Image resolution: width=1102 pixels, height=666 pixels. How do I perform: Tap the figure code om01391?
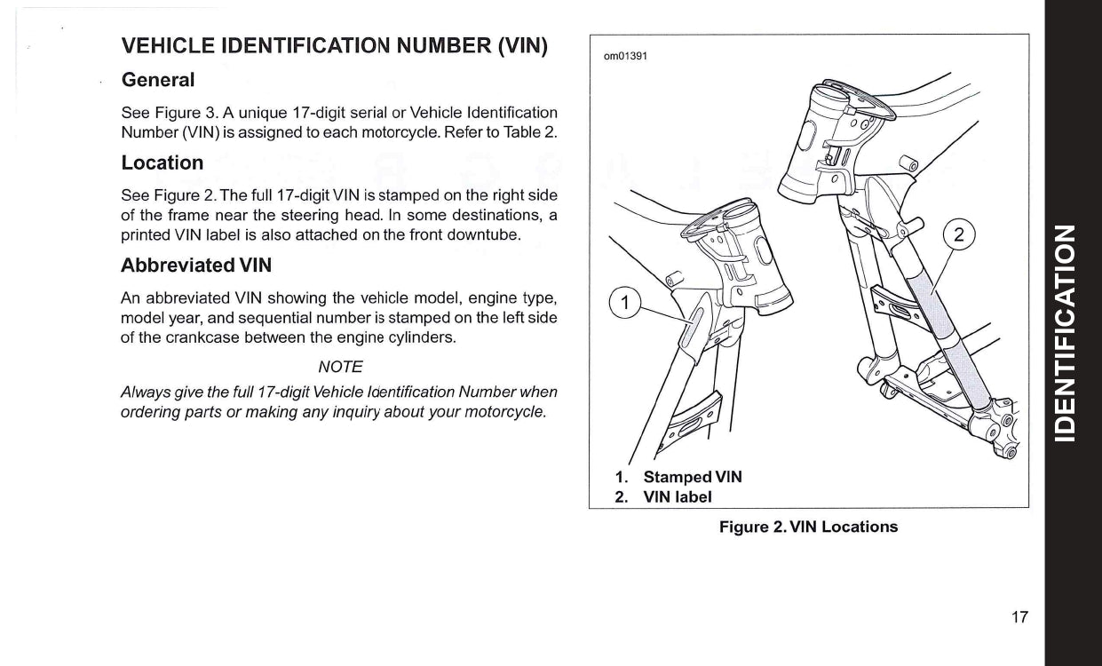pyautogui.click(x=625, y=56)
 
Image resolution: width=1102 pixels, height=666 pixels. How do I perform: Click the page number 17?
pyautogui.click(x=1019, y=617)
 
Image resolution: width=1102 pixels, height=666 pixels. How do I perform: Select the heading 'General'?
pyautogui.click(x=158, y=79)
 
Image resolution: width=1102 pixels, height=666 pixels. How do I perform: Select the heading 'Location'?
pyautogui.click(x=163, y=163)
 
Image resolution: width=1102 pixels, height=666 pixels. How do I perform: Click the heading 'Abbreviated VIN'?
pyautogui.click(x=196, y=266)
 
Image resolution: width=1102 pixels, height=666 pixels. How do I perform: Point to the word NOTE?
pyautogui.click(x=339, y=366)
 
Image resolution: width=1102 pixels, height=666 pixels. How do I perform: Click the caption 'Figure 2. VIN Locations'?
pyautogui.click(x=808, y=527)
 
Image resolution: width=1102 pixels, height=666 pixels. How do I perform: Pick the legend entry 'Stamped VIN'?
pyautogui.click(x=692, y=477)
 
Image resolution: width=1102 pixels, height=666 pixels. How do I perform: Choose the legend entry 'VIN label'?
pyautogui.click(x=678, y=496)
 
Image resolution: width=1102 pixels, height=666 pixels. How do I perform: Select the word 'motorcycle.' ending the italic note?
pyautogui.click(x=503, y=413)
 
